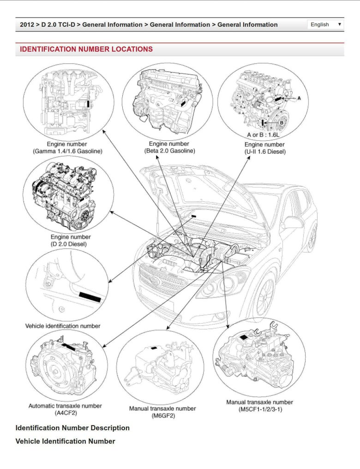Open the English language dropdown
[326, 24]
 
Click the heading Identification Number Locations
[86, 49]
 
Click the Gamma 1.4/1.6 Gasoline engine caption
[67, 148]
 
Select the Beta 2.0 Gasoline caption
[169, 148]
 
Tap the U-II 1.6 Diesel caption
[265, 148]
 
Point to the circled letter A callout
[299, 98]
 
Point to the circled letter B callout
[282, 122]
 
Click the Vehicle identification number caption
[63, 326]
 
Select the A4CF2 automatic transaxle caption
[66, 409]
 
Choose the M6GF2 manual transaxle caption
[162, 412]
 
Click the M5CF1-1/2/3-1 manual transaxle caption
[259, 406]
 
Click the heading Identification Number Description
[72, 428]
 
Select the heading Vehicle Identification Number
[65, 441]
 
